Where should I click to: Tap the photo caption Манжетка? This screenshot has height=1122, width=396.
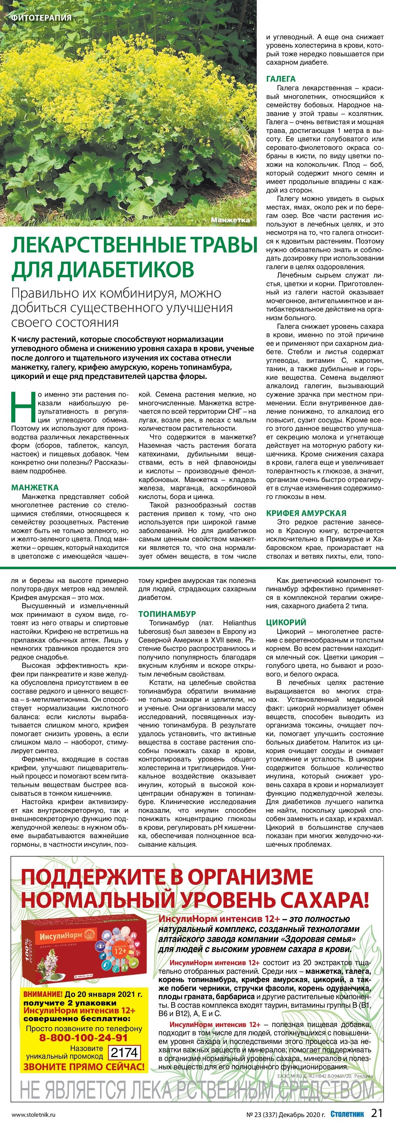[x=230, y=220]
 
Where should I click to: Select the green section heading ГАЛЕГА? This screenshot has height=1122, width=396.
[x=281, y=79]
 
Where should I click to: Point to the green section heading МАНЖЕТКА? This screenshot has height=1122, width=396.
[x=35, y=487]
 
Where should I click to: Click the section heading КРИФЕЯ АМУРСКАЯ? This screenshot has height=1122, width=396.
[x=306, y=513]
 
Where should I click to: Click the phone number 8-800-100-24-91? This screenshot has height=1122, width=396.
[x=84, y=1038]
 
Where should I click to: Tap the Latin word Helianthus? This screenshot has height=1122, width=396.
[x=239, y=623]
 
